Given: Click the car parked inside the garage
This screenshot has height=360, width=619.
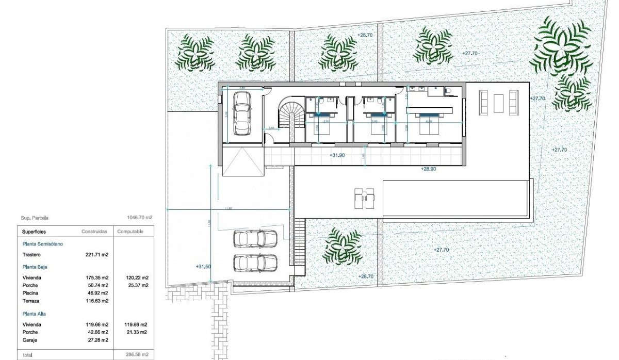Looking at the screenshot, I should pyautogui.click(x=242, y=112).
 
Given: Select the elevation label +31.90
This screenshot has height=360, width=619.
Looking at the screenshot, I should pyautogui.click(x=337, y=155).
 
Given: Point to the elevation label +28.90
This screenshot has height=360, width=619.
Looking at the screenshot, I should pyautogui.click(x=428, y=169).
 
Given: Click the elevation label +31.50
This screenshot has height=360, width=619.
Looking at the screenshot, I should pyautogui.click(x=203, y=267).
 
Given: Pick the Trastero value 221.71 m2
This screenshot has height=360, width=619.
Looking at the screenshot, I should pyautogui.click(x=96, y=255).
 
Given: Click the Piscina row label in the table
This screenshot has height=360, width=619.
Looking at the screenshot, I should pyautogui.click(x=30, y=293).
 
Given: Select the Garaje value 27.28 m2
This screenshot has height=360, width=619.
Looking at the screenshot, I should pyautogui.click(x=96, y=340).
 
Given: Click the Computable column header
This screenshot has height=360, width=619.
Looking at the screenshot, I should pyautogui.click(x=131, y=232).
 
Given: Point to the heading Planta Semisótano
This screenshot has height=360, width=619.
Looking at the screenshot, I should pyautogui.click(x=43, y=243).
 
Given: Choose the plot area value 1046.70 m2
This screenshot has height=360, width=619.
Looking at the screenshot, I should pyautogui.click(x=139, y=218).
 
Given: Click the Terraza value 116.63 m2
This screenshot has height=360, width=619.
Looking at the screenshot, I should pyautogui.click(x=96, y=301).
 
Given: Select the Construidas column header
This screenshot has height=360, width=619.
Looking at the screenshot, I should pyautogui.click(x=94, y=232).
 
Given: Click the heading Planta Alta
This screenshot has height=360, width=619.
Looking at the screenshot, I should pyautogui.click(x=35, y=314).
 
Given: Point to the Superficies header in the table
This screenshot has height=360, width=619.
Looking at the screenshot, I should pyautogui.click(x=34, y=232).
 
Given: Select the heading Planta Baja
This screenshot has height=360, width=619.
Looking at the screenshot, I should pyautogui.click(x=35, y=267).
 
